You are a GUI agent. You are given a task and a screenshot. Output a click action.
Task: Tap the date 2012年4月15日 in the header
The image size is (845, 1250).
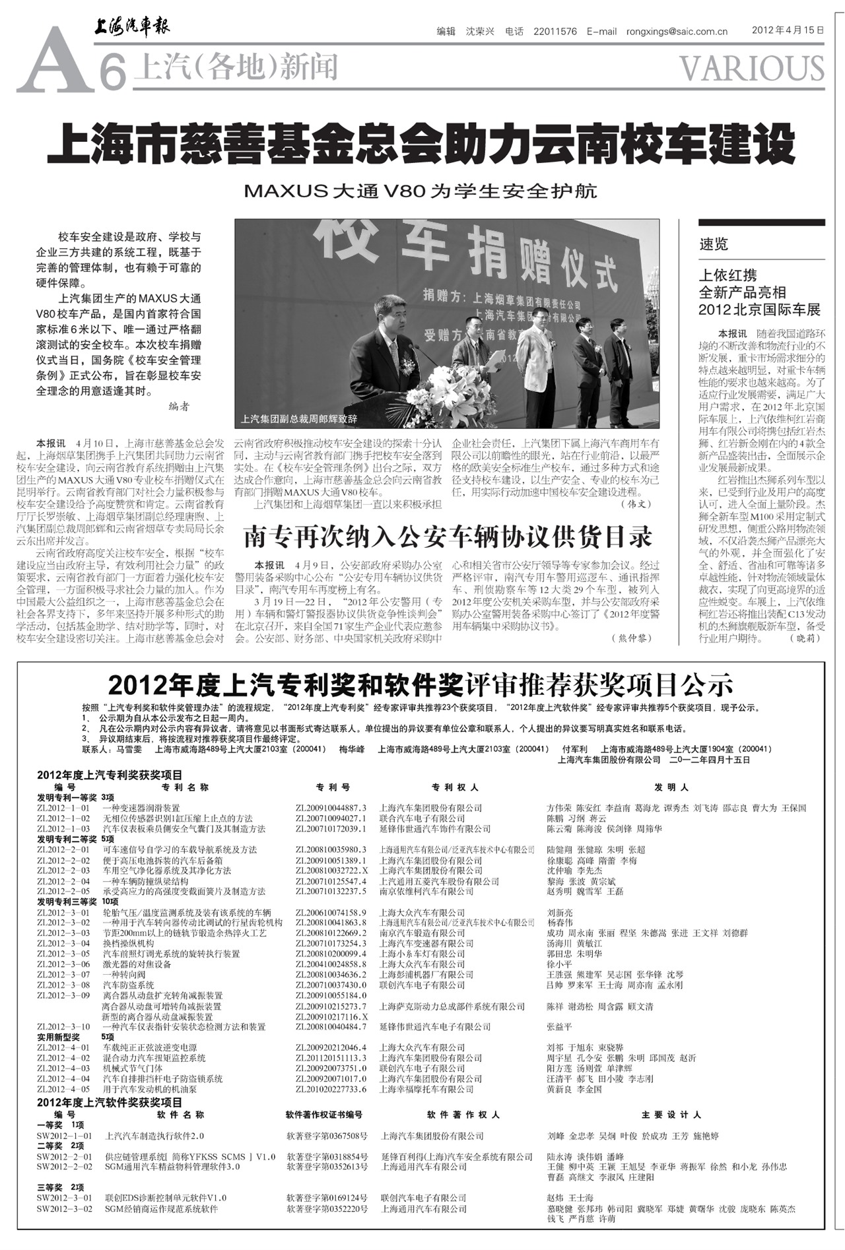click(788, 30)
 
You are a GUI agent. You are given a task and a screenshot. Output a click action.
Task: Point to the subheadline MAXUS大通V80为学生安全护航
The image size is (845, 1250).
click(421, 191)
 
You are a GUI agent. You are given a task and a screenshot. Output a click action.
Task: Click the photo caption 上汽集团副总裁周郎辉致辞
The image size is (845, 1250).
click(299, 418)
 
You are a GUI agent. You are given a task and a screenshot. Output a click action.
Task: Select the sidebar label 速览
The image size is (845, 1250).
click(714, 244)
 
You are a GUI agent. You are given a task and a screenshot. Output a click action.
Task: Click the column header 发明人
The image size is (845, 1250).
click(671, 787)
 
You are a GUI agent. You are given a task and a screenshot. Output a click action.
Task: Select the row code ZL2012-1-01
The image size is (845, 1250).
click(63, 808)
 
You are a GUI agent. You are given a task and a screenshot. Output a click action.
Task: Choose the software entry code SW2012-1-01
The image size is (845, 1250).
click(64, 1136)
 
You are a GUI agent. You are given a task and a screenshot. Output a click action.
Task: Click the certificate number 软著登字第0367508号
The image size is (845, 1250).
click(327, 1136)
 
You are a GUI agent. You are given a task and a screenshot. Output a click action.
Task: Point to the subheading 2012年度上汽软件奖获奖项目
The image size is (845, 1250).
click(110, 1103)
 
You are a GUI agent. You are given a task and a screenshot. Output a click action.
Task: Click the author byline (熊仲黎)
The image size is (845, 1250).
click(634, 638)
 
